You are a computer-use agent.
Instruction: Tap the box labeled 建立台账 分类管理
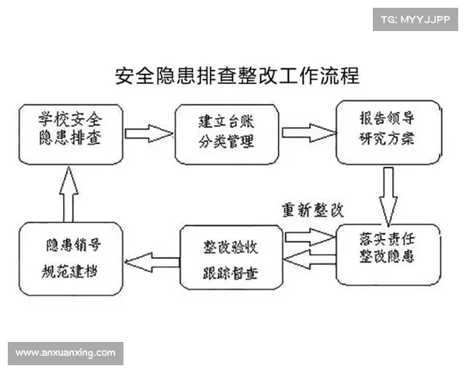[x=226, y=133]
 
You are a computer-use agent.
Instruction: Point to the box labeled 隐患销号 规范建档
[x=71, y=257]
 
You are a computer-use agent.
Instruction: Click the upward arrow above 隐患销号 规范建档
[x=68, y=194]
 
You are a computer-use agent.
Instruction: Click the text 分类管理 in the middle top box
[x=226, y=143]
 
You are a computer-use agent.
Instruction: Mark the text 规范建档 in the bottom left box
[x=71, y=273]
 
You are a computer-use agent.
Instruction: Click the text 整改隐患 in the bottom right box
[x=386, y=263]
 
